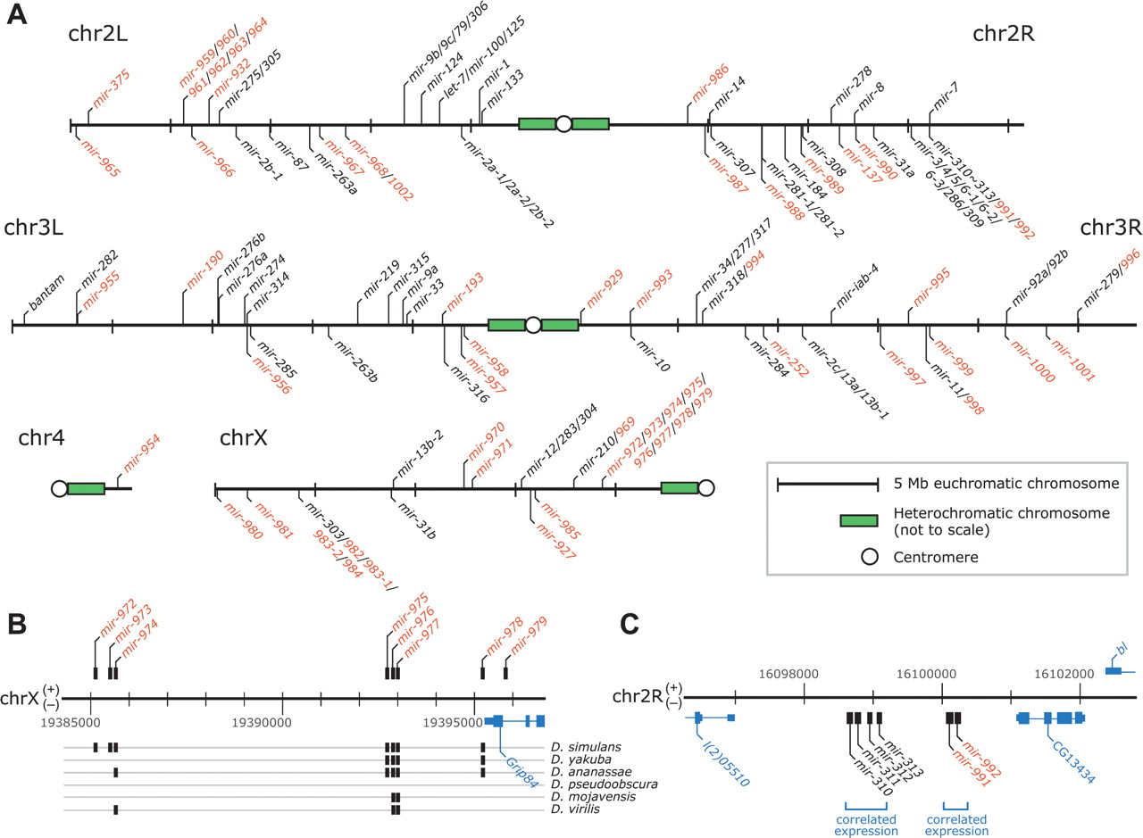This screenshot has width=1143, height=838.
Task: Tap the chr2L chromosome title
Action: (97, 34)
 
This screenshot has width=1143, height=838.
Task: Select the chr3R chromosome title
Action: (1111, 228)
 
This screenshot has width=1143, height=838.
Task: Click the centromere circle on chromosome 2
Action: (563, 124)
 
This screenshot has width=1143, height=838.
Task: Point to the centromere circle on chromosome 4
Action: (59, 488)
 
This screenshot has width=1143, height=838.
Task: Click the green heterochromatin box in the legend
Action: (828, 520)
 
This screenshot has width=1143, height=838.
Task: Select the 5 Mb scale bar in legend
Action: (828, 484)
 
